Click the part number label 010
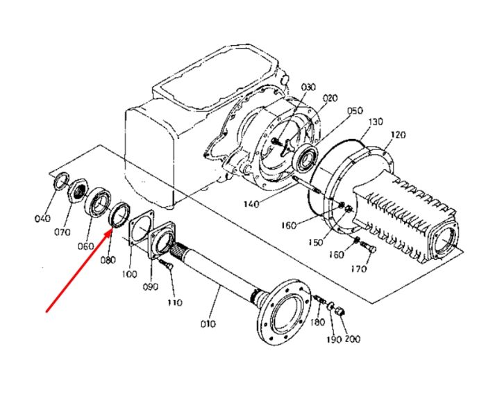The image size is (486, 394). click(x=208, y=324)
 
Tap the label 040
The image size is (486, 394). click(x=42, y=218)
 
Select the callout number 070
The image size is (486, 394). click(x=62, y=232)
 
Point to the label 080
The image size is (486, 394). click(x=108, y=259)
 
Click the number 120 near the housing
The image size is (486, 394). click(x=398, y=135)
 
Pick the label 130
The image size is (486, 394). click(x=376, y=122)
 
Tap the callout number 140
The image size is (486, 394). click(x=251, y=204)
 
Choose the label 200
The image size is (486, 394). click(x=353, y=339)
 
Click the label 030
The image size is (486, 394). click(x=308, y=87)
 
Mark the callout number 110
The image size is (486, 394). click(x=174, y=302)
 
